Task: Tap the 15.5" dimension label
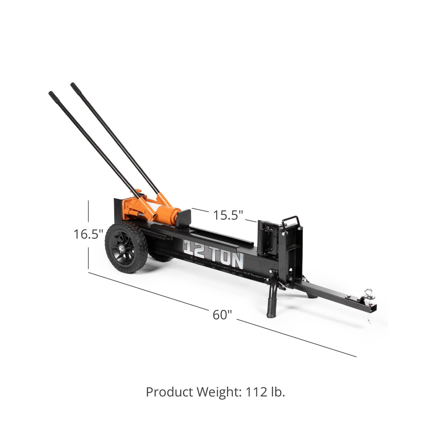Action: pyautogui.click(x=228, y=215)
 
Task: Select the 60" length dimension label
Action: pyautogui.click(x=222, y=315)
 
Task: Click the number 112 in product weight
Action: pyautogui.click(x=257, y=392)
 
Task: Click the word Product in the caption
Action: pyautogui.click(x=169, y=392)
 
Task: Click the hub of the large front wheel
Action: pyautogui.click(x=122, y=248)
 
